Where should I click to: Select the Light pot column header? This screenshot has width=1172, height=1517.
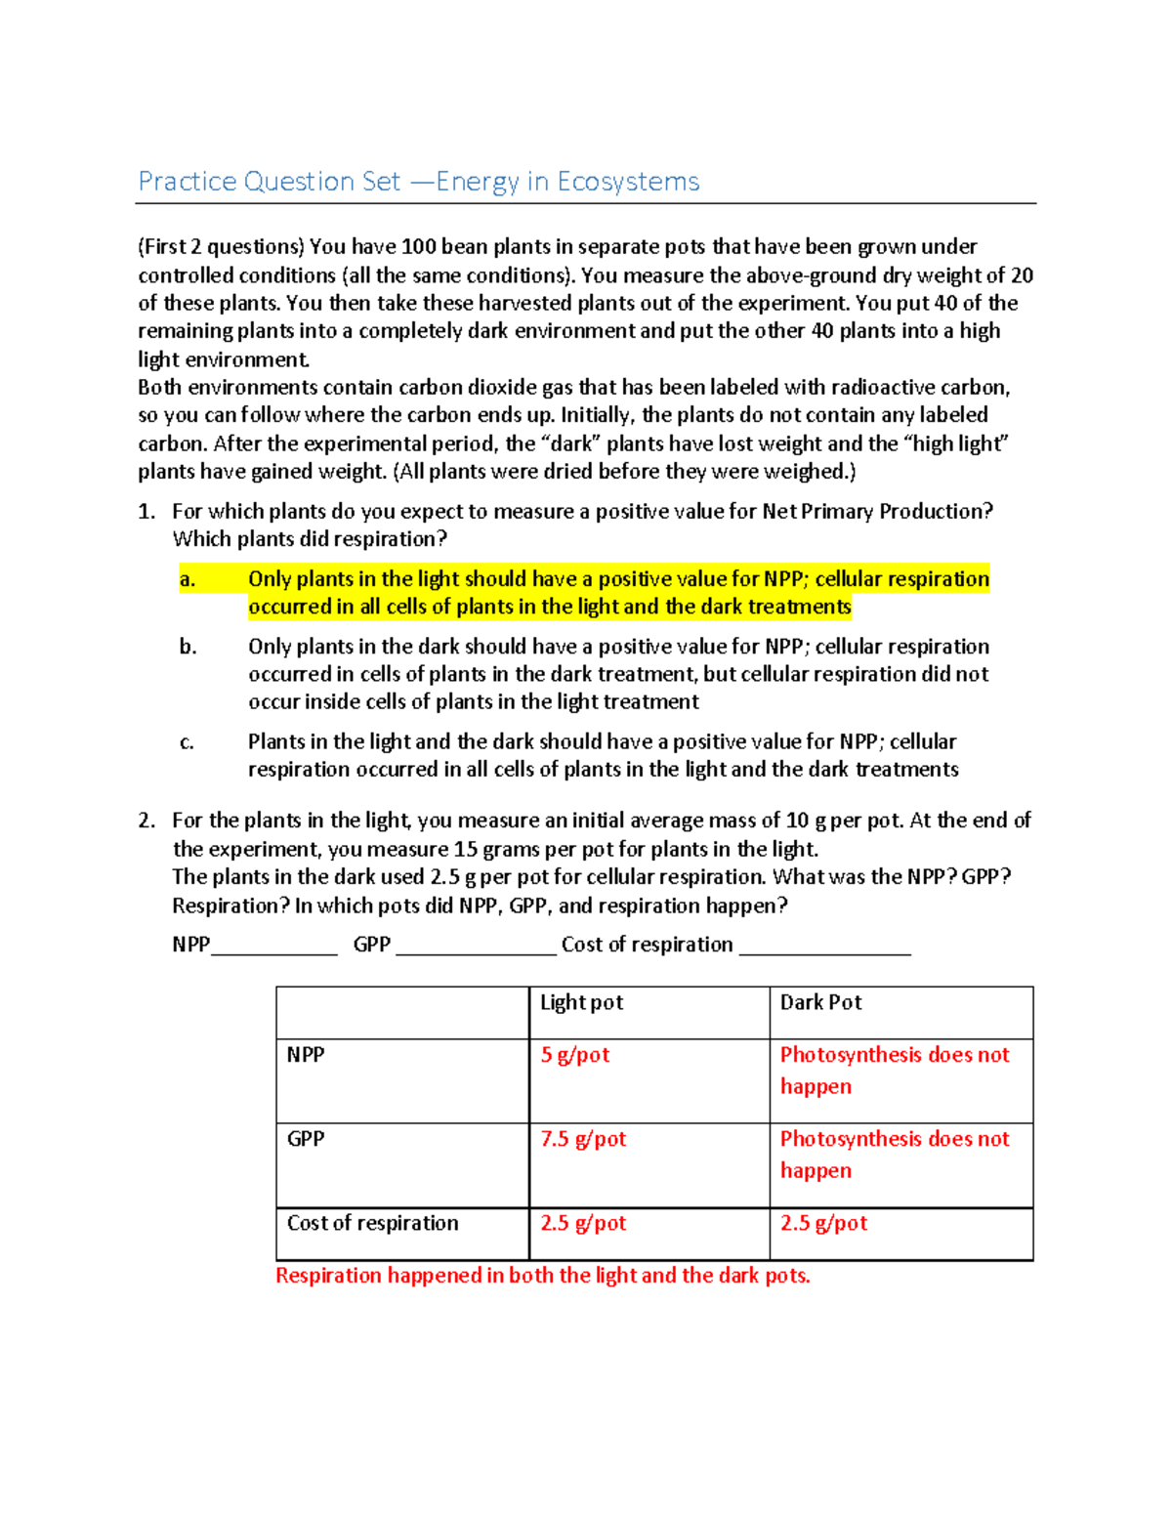tap(581, 1002)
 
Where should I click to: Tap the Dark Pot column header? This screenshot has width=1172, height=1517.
tap(820, 1002)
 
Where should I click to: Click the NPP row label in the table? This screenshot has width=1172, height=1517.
tap(306, 1055)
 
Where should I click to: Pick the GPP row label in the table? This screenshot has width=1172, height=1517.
tap(306, 1139)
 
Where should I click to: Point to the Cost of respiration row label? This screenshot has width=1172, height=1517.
tap(372, 1223)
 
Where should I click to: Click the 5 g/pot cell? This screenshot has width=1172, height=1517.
tap(575, 1055)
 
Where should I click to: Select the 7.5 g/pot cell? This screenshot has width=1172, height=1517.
tap(583, 1139)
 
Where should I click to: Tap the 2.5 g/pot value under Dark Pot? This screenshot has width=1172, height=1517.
tap(823, 1223)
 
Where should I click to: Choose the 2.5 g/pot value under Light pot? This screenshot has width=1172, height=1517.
tap(583, 1223)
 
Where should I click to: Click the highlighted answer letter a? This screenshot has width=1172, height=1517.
tap(187, 579)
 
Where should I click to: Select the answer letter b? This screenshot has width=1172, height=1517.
tap(188, 647)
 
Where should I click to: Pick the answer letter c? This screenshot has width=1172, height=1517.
tap(187, 742)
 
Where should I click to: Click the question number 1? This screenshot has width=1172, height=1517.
tap(146, 512)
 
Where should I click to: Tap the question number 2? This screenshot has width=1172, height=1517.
tap(146, 821)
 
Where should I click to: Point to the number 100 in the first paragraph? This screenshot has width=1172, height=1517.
tap(418, 247)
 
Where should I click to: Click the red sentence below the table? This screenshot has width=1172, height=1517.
tap(542, 1276)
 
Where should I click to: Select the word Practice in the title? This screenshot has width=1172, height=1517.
tap(187, 182)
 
